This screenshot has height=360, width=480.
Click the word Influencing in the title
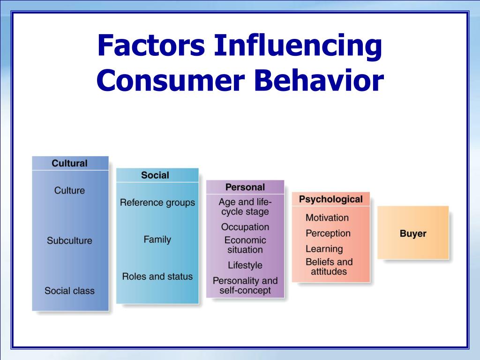coord(298,46)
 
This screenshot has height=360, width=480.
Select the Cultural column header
coord(69,163)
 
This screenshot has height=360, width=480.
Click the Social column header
coord(155,175)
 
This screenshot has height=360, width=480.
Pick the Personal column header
coord(245,187)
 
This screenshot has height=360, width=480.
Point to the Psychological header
coord(330,199)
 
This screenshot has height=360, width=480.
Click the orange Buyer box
coord(413,232)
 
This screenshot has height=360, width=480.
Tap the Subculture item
coord(69,240)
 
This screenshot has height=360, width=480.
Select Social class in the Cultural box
coord(69,291)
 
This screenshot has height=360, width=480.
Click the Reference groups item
coord(157,202)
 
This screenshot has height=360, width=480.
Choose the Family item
coord(157,240)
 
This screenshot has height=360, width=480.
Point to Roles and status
coord(157,277)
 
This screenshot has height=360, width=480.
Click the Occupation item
coord(245,227)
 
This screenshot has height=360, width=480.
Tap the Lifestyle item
coord(245,265)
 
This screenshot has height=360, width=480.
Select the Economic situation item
coord(245,245)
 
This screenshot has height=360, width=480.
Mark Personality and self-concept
coord(245,285)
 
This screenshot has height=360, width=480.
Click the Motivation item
coord(327,217)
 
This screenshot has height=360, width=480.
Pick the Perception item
coord(328,233)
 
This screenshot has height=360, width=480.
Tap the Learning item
coord(324,249)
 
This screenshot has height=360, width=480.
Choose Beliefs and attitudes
coord(329,267)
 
